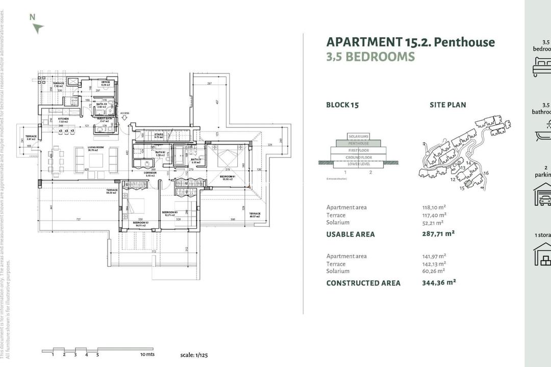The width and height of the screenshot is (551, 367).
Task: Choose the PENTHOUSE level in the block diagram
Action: (x=359, y=143)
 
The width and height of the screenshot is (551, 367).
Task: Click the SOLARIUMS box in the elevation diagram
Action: (x=359, y=137)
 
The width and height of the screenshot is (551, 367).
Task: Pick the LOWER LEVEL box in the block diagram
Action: (x=359, y=164)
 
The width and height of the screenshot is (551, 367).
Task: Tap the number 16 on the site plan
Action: (x=486, y=173)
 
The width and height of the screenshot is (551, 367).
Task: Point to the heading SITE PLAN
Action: (x=447, y=105)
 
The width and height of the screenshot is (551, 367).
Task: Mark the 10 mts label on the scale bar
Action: (x=146, y=354)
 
